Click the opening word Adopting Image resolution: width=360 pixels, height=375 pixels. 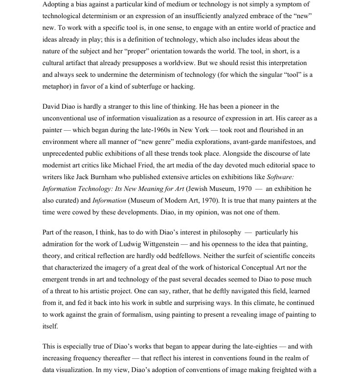[57, 4]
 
